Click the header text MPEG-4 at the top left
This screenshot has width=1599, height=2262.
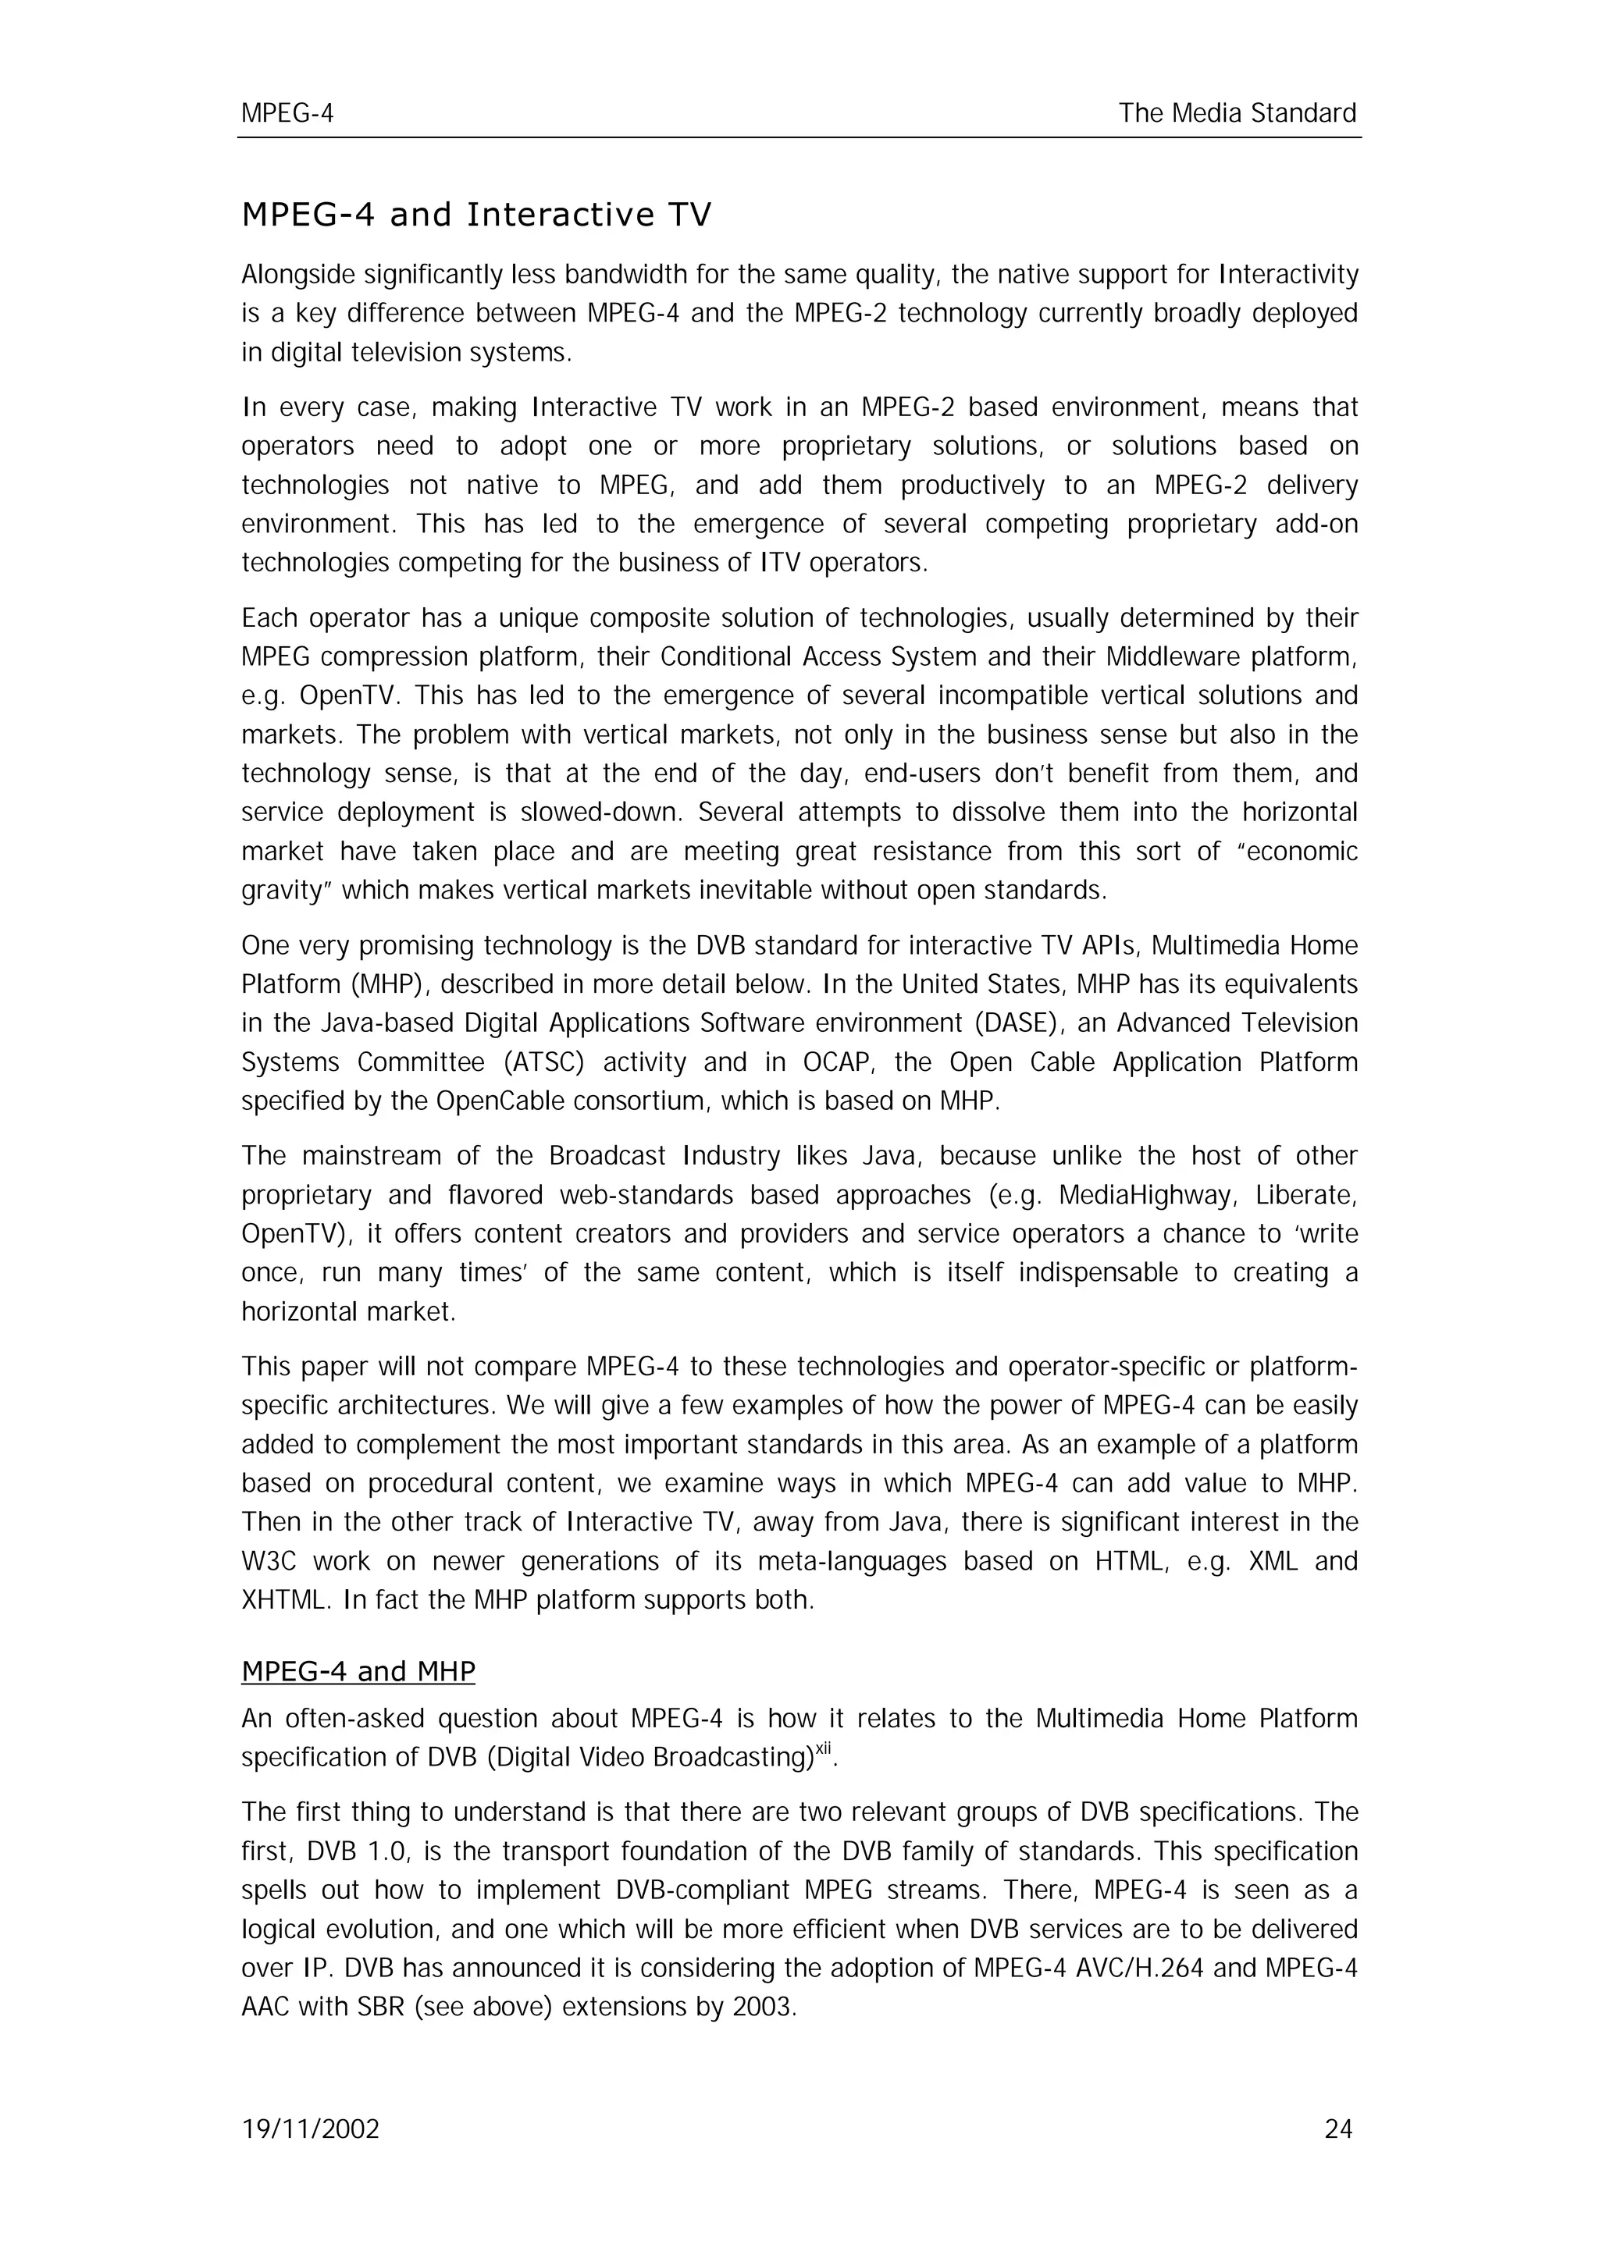click(x=287, y=114)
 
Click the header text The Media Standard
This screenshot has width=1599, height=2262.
click(x=1238, y=114)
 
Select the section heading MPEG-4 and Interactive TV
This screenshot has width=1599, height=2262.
click(x=475, y=215)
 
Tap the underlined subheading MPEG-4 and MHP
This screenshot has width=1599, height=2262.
click(x=358, y=1672)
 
